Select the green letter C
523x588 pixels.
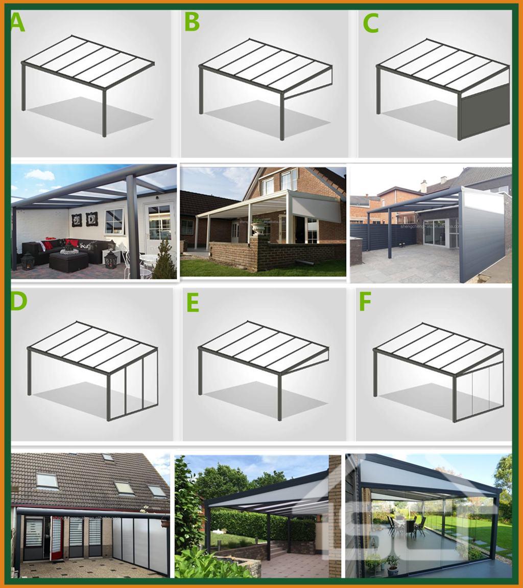click(x=370, y=23)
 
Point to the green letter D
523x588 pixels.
click(x=18, y=302)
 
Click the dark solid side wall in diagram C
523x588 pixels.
click(x=485, y=111)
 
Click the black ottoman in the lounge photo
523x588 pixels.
click(x=68, y=262)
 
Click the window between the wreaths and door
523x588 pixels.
click(x=115, y=221)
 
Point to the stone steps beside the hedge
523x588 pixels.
click(x=278, y=549)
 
